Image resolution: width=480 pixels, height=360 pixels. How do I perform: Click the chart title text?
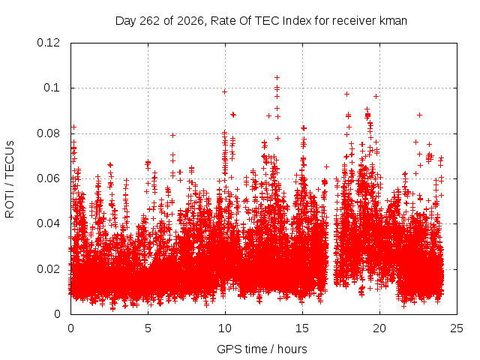(x=261, y=21)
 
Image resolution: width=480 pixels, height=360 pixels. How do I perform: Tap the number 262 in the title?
(x=149, y=21)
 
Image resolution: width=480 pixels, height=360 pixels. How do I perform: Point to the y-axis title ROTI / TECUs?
(x=10, y=179)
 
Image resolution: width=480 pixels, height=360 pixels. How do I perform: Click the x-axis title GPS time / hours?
(x=262, y=349)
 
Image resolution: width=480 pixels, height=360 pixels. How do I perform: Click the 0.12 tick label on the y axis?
(x=48, y=43)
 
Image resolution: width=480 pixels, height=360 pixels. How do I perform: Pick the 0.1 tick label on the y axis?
(x=52, y=88)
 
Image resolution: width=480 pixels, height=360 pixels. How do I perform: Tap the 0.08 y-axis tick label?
(x=48, y=133)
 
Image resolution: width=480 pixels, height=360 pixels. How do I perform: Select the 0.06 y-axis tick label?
(x=48, y=178)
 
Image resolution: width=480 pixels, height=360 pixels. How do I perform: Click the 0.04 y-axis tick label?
(x=48, y=223)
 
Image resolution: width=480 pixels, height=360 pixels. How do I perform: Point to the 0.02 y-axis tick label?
(x=48, y=269)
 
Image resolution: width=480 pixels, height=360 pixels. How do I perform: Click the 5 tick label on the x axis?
(x=148, y=328)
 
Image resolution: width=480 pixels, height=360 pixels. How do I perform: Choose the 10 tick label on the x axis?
(x=225, y=328)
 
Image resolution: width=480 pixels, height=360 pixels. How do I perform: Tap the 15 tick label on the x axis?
(x=302, y=328)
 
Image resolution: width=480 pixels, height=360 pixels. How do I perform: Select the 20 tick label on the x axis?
(x=379, y=328)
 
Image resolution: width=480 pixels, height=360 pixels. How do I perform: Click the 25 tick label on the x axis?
(x=457, y=328)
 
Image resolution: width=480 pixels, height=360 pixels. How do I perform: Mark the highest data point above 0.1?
(x=277, y=78)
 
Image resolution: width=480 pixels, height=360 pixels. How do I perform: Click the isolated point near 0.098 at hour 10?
(x=225, y=91)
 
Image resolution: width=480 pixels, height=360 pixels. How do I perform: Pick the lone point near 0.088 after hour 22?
(x=420, y=115)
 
